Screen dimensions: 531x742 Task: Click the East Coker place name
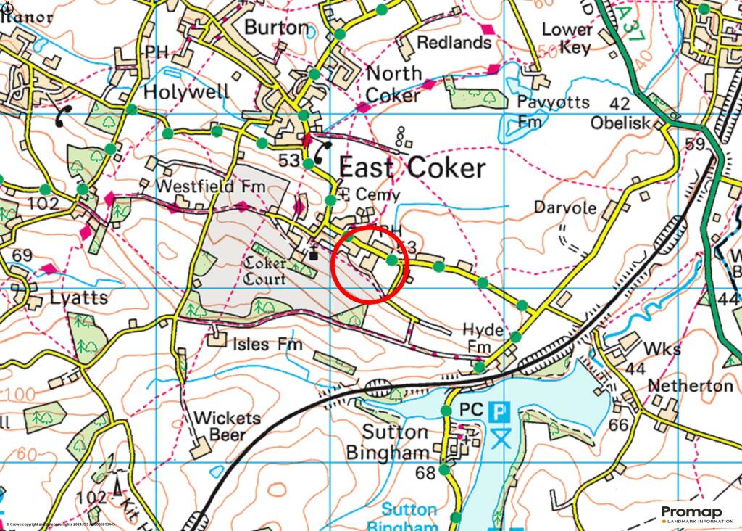click(x=412, y=168)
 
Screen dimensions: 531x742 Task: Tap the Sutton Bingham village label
click(x=396, y=442)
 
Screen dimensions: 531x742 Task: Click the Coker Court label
click(x=265, y=270)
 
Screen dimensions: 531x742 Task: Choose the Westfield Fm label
click(x=211, y=186)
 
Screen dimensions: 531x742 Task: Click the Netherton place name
click(x=690, y=385)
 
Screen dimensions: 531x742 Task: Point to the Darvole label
click(x=565, y=207)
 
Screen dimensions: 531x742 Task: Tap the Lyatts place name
click(x=80, y=297)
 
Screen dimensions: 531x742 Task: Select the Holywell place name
click(x=186, y=91)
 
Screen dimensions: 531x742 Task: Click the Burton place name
click(x=276, y=28)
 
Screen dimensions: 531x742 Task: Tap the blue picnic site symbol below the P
click(x=498, y=437)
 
